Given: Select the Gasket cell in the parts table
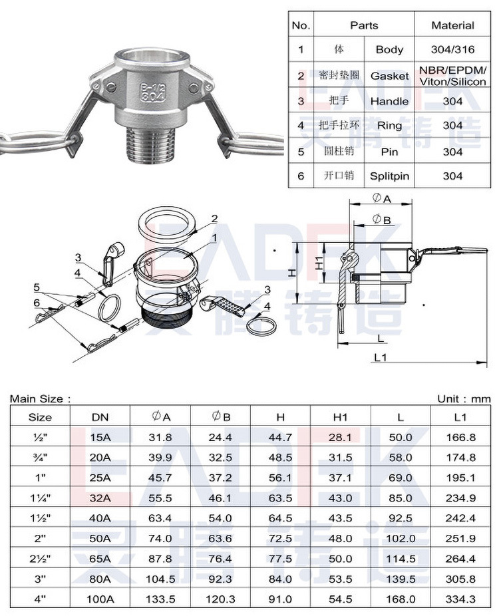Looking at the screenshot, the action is click(389, 76).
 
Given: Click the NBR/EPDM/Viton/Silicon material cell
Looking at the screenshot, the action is click(452, 76).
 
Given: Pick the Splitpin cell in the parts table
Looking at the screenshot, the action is click(389, 176).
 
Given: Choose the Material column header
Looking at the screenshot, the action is click(452, 25).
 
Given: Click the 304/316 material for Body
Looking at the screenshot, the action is click(452, 49).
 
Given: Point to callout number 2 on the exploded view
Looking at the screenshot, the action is click(214, 219).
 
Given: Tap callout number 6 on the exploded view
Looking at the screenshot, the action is click(37, 303).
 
